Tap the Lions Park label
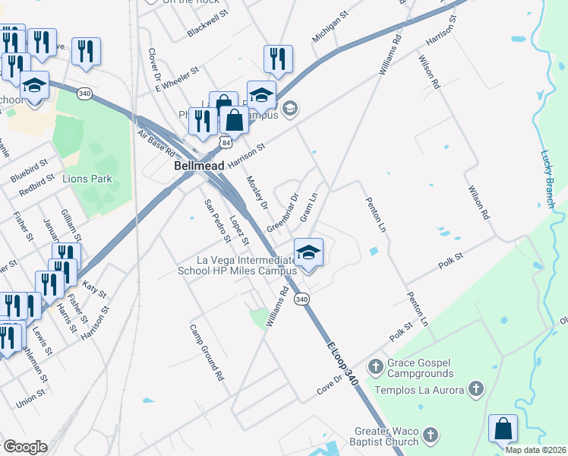click(x=87, y=179)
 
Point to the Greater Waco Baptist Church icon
click(x=431, y=436)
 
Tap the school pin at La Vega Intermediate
click(x=308, y=254)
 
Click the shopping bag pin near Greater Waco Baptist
click(x=502, y=430)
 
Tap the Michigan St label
click(x=330, y=27)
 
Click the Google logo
click(x=24, y=447)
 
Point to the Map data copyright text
click(x=536, y=450)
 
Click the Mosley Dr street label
click(x=257, y=194)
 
